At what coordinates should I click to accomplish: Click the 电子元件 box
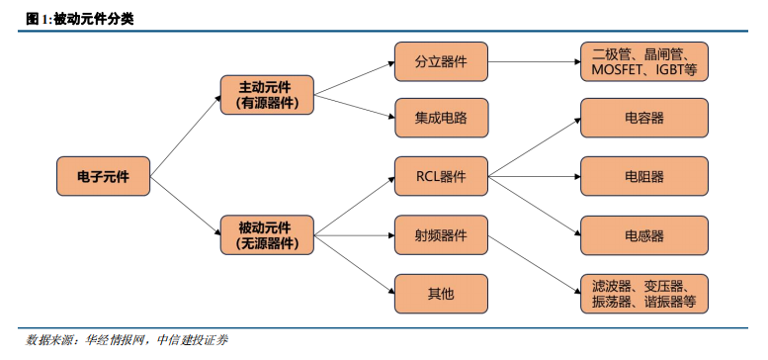tap(102, 176)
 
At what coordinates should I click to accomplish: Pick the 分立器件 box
tap(441, 61)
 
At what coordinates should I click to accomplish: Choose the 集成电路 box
tap(441, 118)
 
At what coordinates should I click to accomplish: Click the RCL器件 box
tap(441, 176)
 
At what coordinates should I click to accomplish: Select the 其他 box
tap(441, 293)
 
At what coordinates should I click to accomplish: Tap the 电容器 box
tap(644, 118)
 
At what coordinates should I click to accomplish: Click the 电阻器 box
tap(644, 176)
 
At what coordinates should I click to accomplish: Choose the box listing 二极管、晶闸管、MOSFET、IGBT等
tap(644, 61)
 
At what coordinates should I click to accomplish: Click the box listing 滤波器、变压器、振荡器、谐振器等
tap(644, 293)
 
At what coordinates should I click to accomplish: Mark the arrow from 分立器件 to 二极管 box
tap(534, 61)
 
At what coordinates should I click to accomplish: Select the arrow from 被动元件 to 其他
tap(354, 265)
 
